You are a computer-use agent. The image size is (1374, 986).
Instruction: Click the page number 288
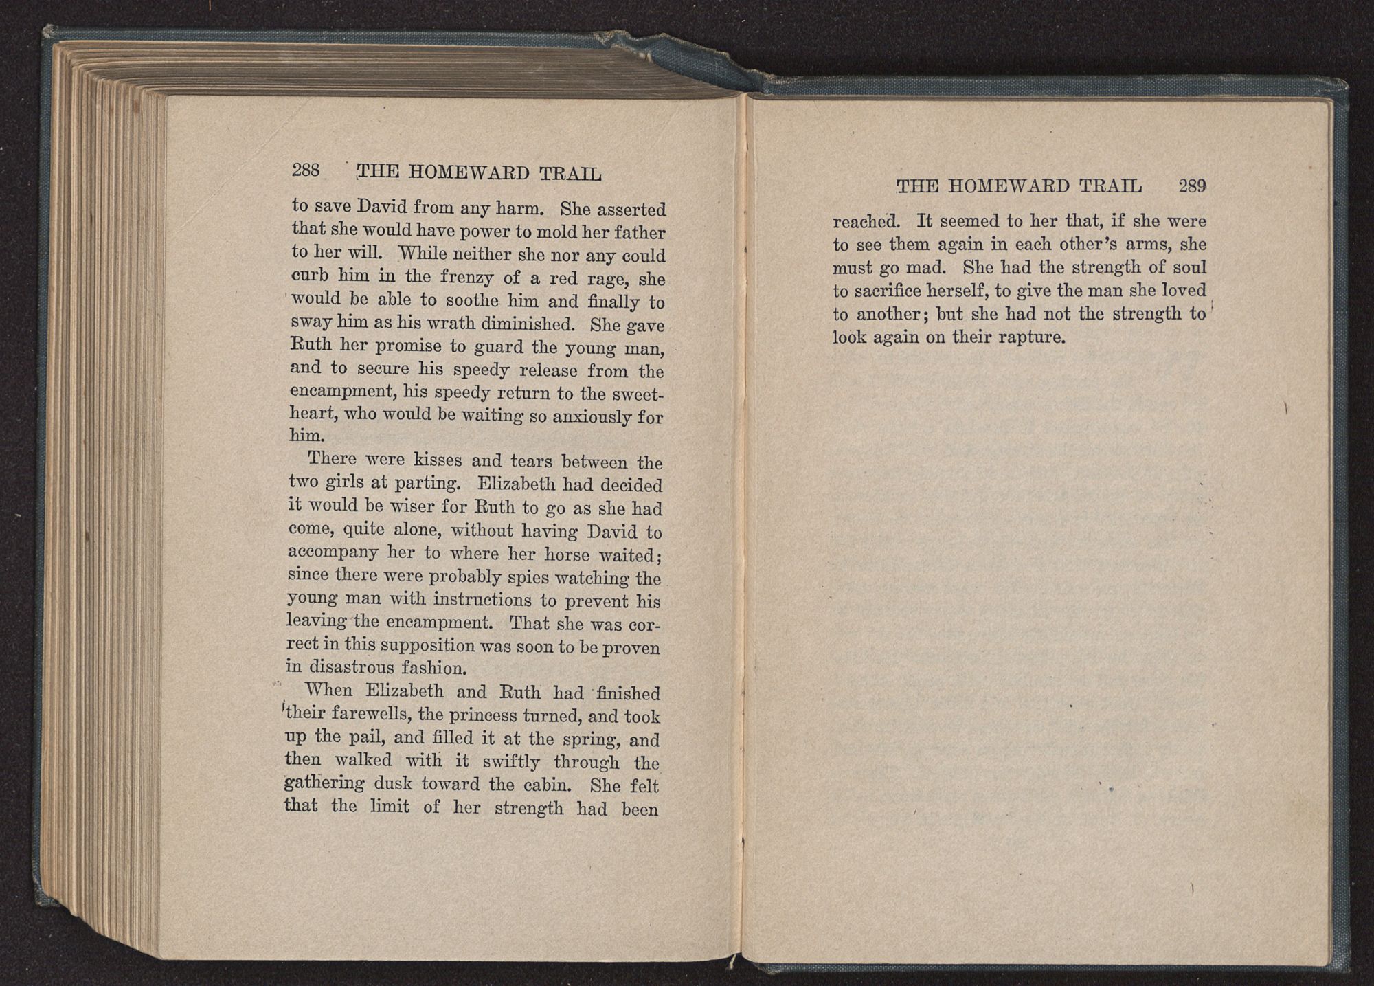tap(306, 170)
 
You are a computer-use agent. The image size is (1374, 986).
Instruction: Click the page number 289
tap(1192, 186)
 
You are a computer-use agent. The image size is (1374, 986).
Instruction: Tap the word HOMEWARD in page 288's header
tap(469, 172)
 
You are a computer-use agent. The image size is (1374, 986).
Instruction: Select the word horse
tap(566, 554)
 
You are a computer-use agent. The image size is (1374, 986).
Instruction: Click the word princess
tap(482, 715)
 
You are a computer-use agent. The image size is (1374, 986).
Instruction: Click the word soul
tap(1187, 267)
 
